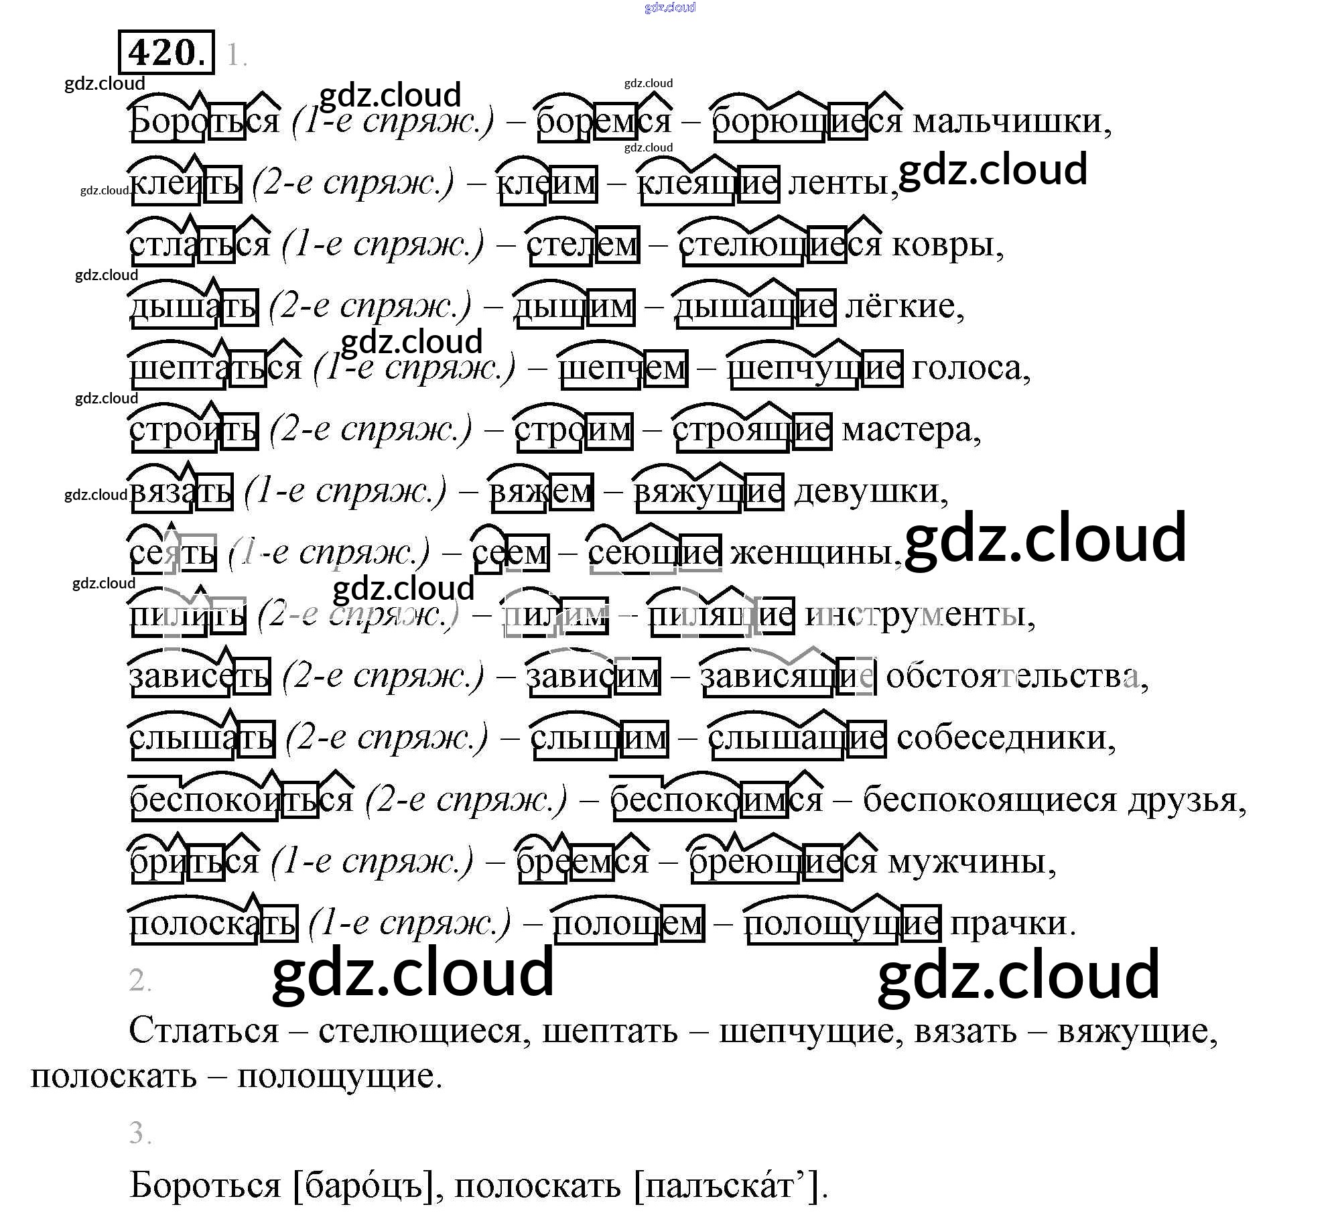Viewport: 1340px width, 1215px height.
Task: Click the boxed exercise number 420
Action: coord(166,52)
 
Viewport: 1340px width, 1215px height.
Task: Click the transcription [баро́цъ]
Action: coord(366,1186)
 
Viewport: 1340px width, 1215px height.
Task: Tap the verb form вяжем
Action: coord(541,492)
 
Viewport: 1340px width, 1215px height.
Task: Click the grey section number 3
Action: coord(139,1133)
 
